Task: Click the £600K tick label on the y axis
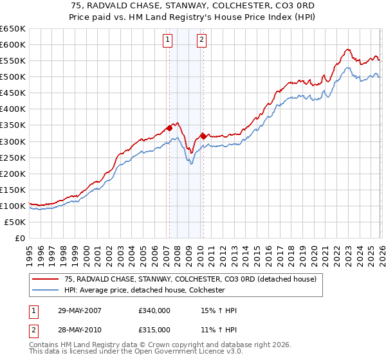click(x=13, y=44)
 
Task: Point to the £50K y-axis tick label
click(x=15, y=222)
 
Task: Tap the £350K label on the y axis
click(x=13, y=125)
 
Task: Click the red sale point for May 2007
click(x=170, y=128)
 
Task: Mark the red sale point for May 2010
click(x=203, y=136)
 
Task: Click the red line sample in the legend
click(x=44, y=280)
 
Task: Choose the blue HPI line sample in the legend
click(x=44, y=290)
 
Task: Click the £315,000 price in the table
click(x=154, y=329)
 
